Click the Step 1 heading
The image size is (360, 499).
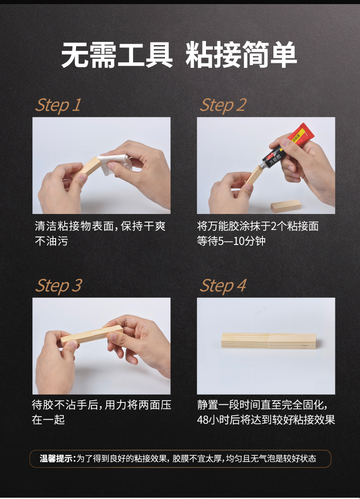tap(58, 105)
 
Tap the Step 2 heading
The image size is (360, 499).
tap(223, 105)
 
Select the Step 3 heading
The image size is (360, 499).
tap(59, 285)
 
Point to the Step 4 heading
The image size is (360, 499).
tap(223, 285)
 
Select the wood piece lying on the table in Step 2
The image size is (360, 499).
tap(286, 206)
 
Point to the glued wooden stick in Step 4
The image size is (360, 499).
tap(268, 341)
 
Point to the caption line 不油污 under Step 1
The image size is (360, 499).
tap(51, 241)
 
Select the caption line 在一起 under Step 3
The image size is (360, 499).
tap(48, 420)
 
